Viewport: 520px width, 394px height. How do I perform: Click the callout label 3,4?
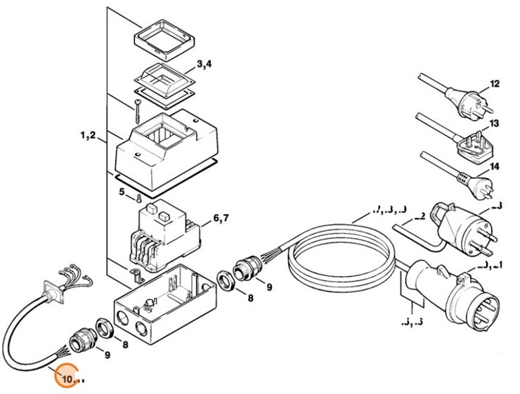[204, 65]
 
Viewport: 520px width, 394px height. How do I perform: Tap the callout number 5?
[121, 191]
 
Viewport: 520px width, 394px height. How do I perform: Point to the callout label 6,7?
[220, 219]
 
